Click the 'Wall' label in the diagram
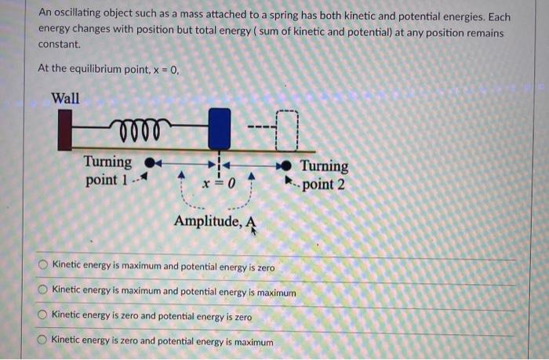point(65,99)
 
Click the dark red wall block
point(64,131)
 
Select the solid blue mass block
point(220,129)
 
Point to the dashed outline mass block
point(287,129)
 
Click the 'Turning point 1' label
point(108,171)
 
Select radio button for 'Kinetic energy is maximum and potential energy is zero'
point(44,267)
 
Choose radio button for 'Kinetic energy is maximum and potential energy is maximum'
point(44,292)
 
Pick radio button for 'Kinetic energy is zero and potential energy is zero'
point(44,317)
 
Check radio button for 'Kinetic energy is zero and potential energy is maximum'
point(44,342)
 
